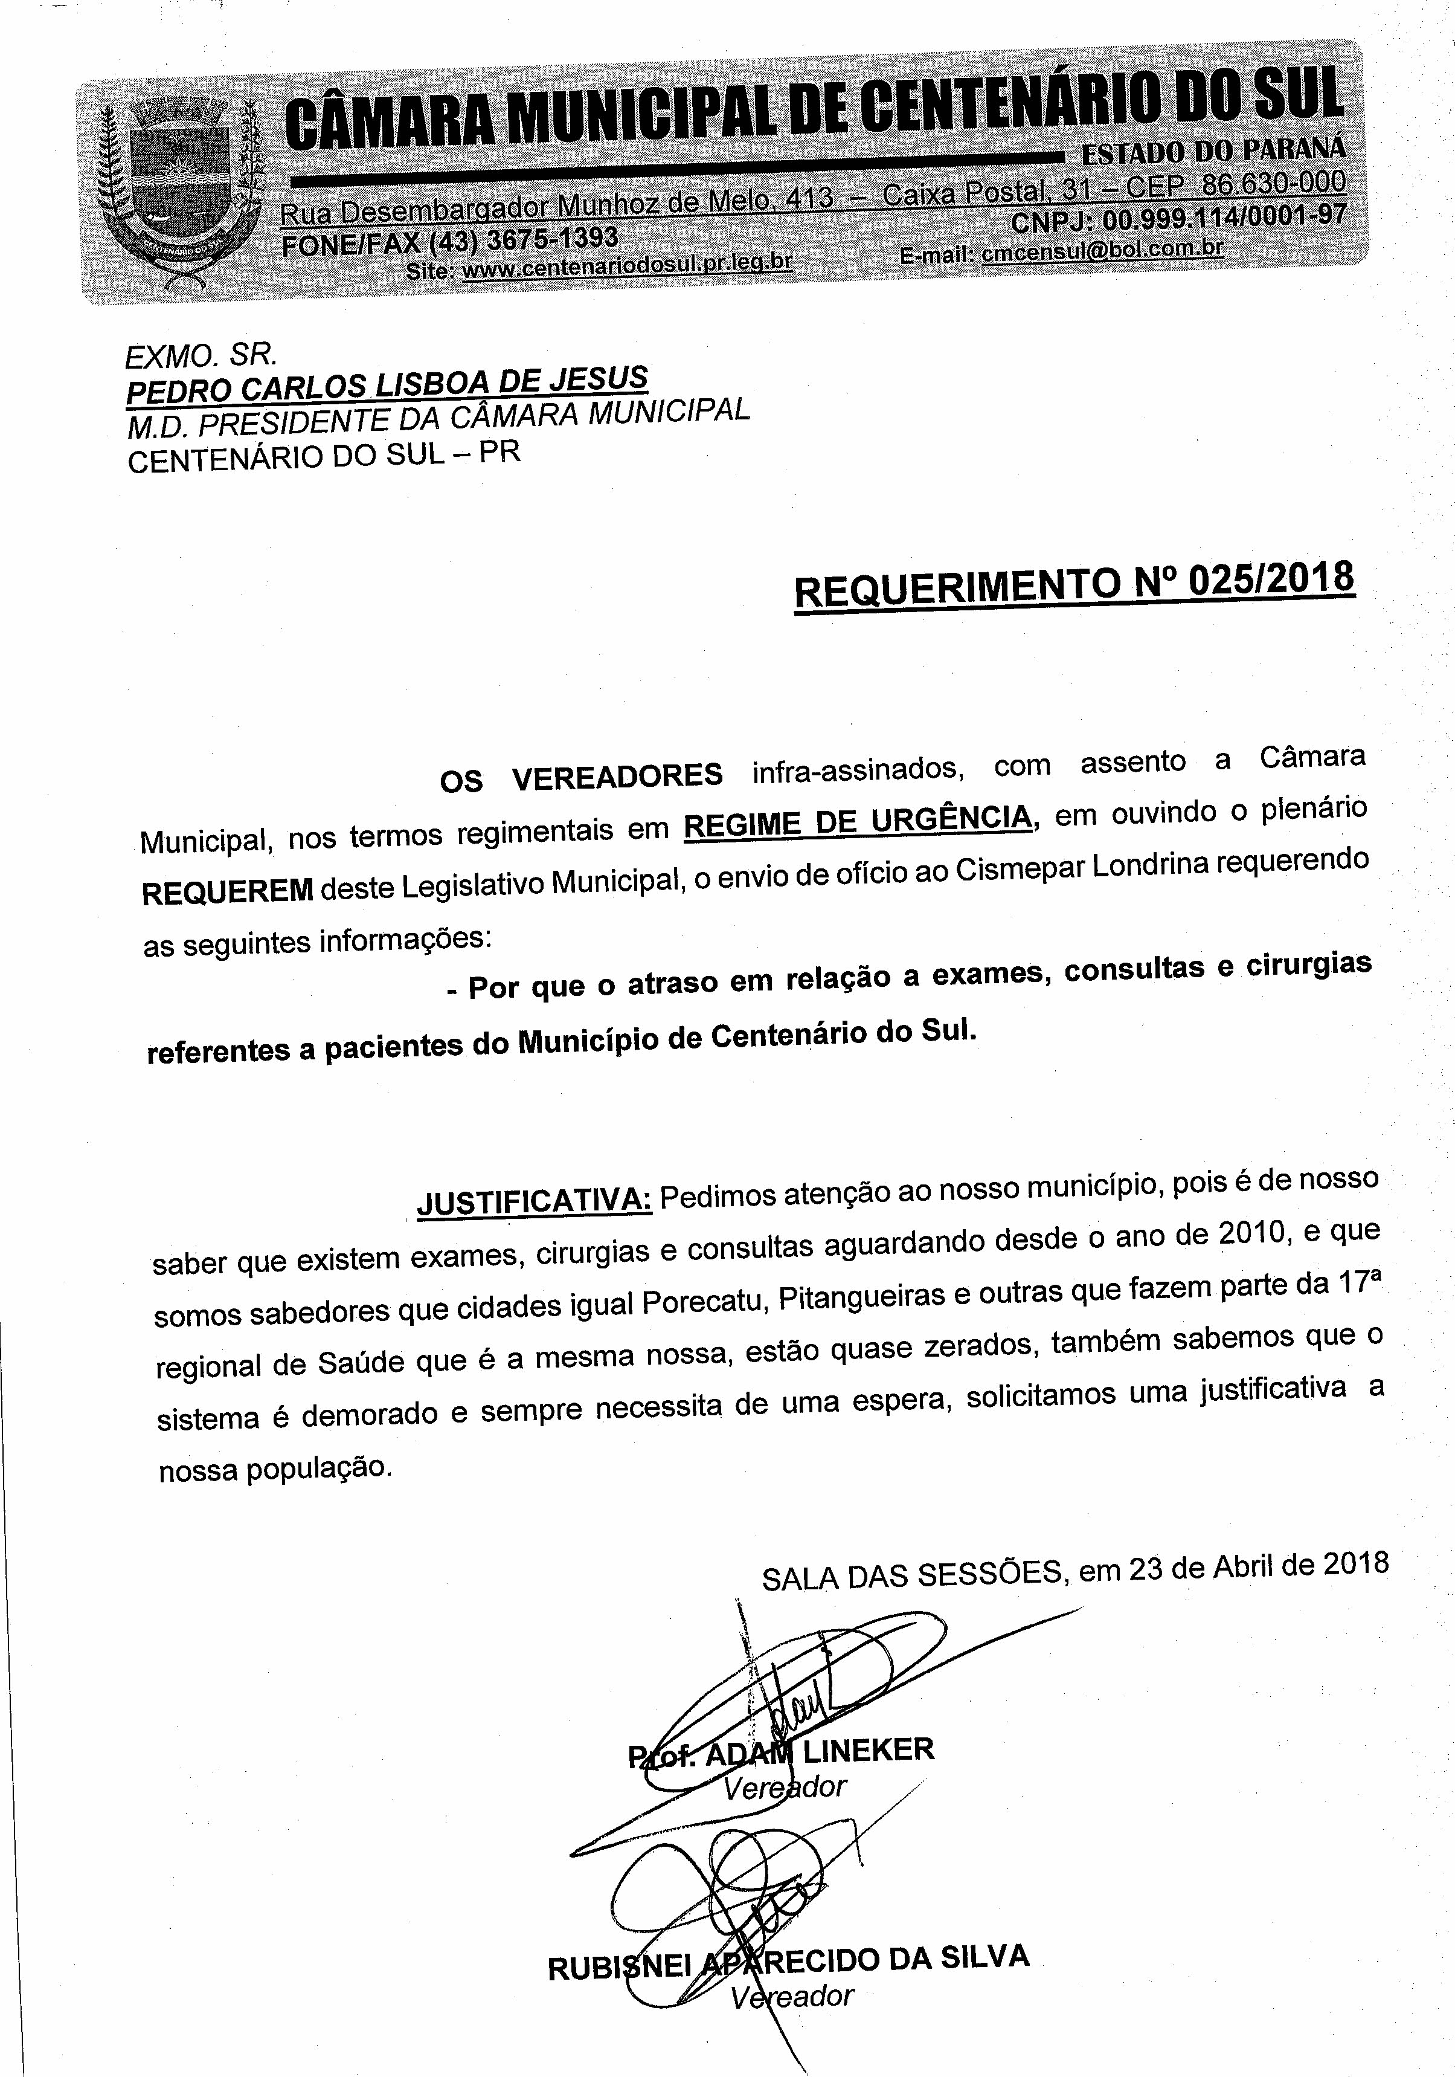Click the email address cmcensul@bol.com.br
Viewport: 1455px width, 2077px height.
pyautogui.click(x=1102, y=251)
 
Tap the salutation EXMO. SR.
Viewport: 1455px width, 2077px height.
pyautogui.click(x=201, y=355)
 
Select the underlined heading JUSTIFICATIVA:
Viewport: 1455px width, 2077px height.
pyautogui.click(x=533, y=1200)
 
